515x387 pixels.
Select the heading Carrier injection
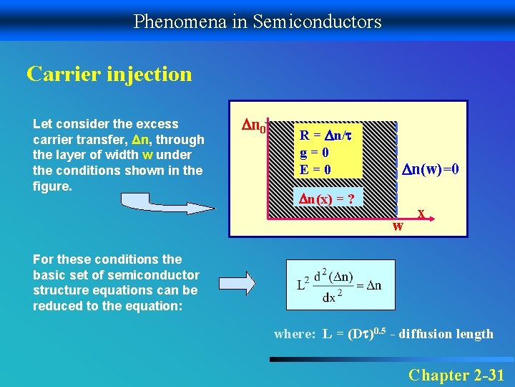tap(109, 74)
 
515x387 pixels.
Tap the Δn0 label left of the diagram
tap(253, 128)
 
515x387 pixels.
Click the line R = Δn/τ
tap(327, 135)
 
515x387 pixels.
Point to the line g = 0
tap(314, 152)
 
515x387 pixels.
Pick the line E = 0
tap(315, 169)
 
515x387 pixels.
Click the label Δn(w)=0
tap(429, 169)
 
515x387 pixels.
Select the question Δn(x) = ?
tap(327, 199)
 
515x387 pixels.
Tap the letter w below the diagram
tap(398, 226)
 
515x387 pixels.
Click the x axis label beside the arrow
tap(423, 214)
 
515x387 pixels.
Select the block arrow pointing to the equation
tap(237, 282)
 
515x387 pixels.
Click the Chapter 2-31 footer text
tap(456, 374)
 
